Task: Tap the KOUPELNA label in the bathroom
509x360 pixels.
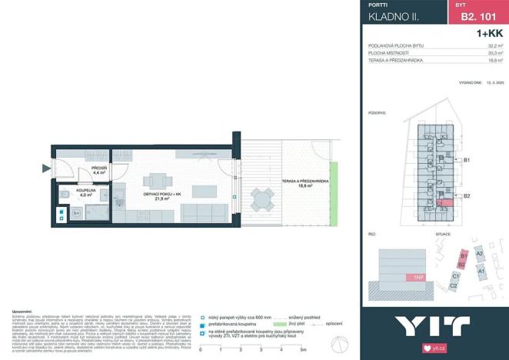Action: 85,192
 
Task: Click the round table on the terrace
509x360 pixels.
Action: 263,202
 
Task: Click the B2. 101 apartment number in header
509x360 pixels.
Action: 477,15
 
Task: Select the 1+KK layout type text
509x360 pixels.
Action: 489,33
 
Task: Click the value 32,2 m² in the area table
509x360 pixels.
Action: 495,46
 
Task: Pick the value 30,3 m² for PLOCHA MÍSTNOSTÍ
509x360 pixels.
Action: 495,53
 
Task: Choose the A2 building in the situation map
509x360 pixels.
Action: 479,253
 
